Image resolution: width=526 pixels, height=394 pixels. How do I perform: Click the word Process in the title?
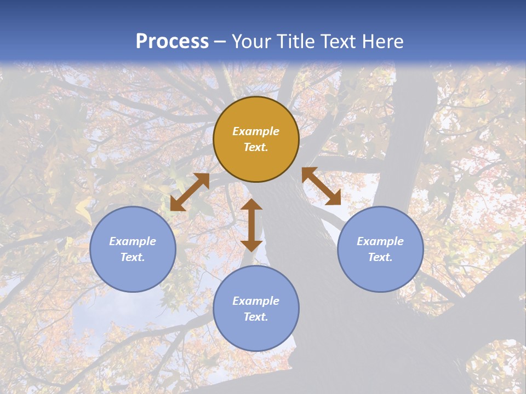coord(172,42)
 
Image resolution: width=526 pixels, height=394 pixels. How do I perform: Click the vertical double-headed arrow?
coord(251,225)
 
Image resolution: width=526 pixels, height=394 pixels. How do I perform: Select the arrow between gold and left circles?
coord(190,192)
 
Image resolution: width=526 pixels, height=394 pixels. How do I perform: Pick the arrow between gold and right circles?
coord(321,186)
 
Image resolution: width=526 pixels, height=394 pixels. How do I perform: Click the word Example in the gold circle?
coord(256,131)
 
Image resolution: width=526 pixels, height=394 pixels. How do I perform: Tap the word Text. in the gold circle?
coord(256,147)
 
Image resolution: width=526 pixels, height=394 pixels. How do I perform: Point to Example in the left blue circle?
coord(133,241)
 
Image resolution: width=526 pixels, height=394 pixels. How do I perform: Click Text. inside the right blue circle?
coord(380,257)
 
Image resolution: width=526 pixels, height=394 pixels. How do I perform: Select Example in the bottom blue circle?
coord(256,301)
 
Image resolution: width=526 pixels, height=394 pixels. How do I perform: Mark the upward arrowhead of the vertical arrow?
coord(251,205)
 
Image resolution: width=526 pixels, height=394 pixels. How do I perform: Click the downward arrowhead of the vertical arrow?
coord(251,245)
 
